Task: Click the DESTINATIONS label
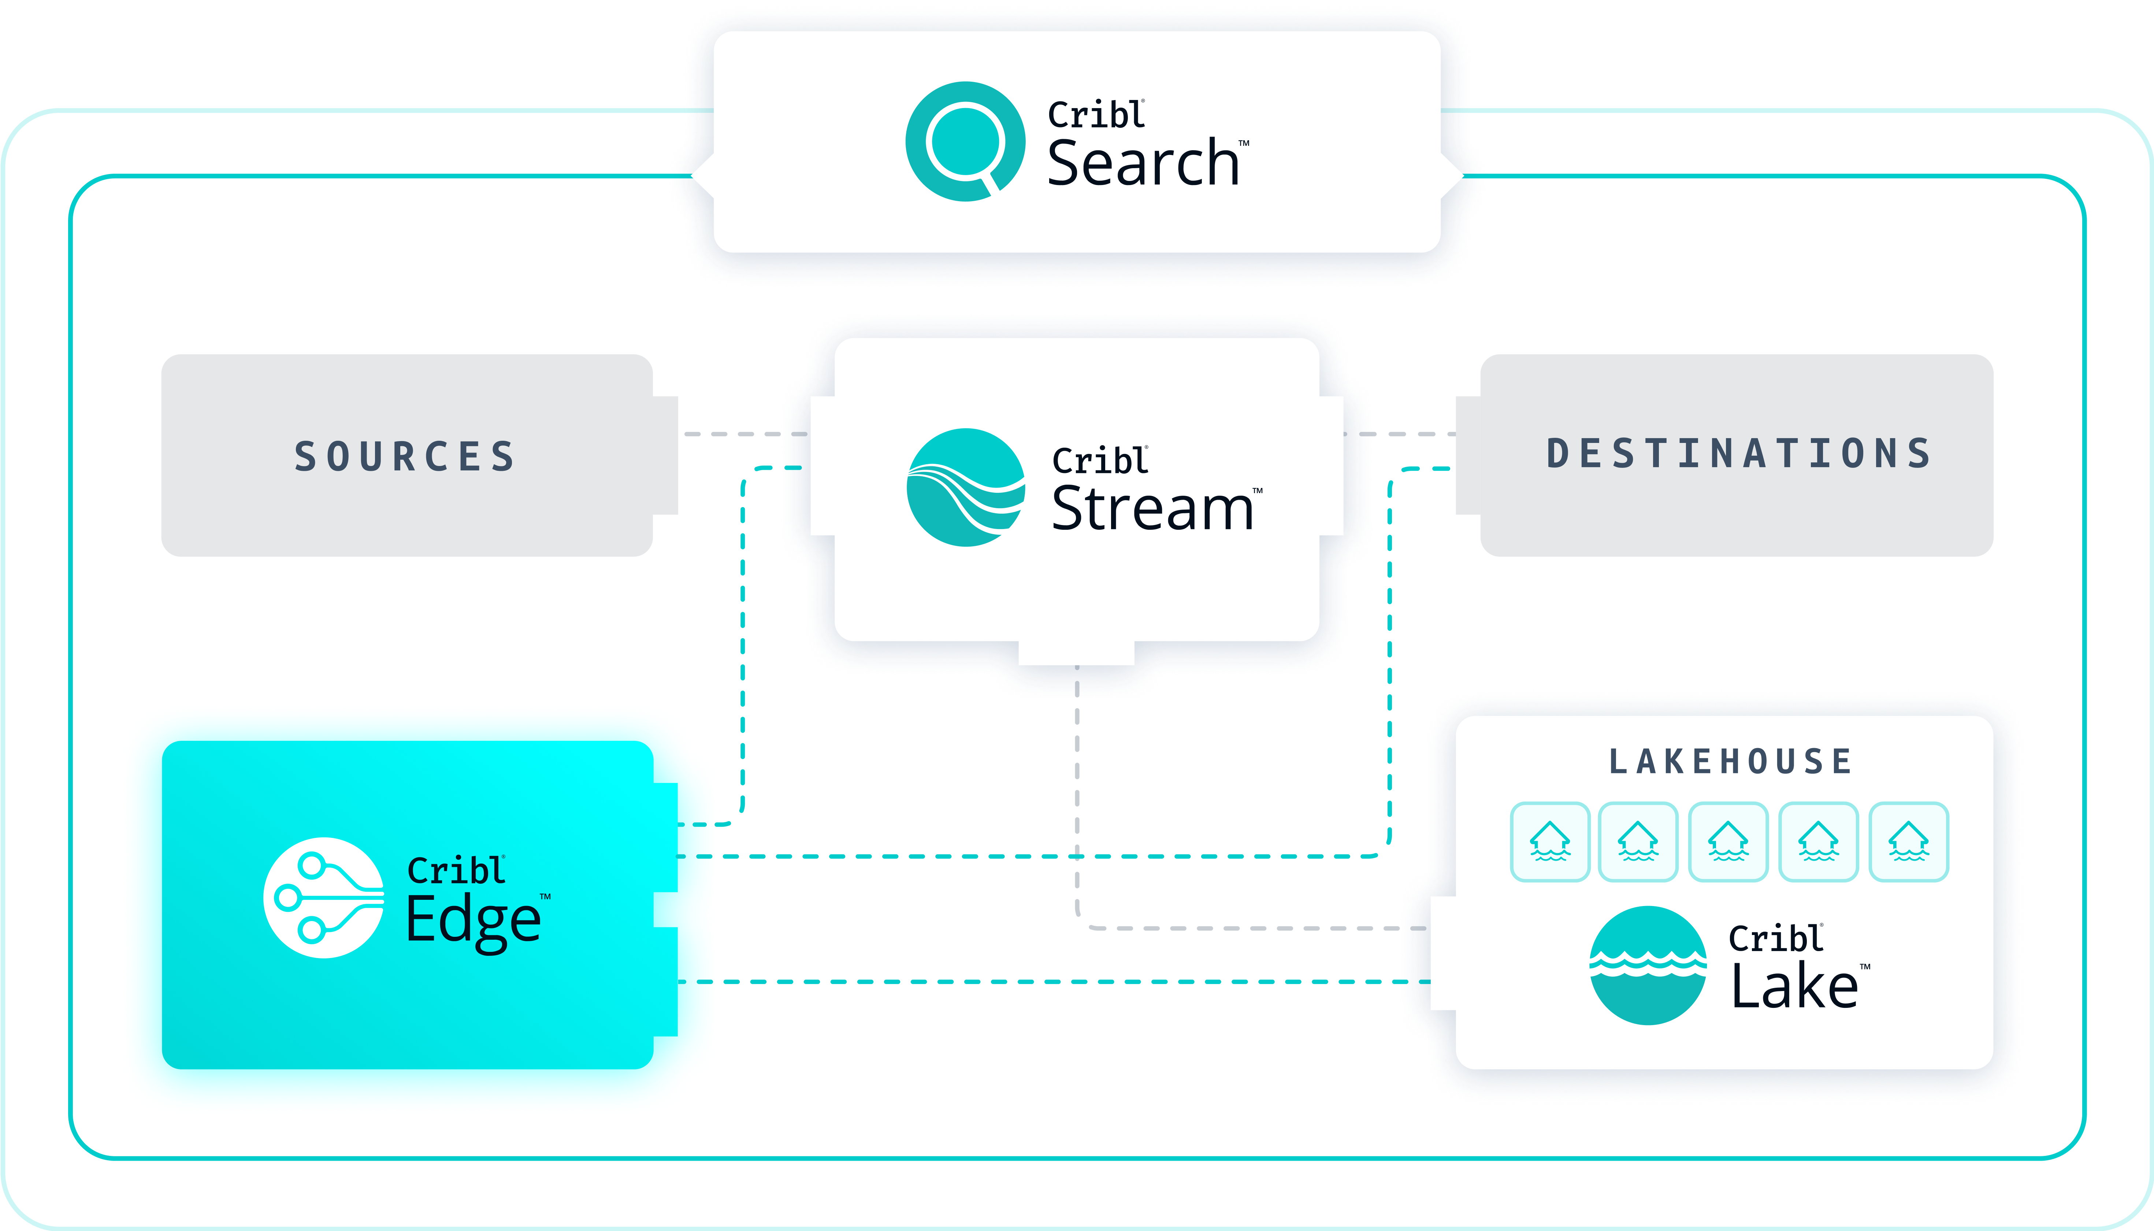[x=1739, y=454]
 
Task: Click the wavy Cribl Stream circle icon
[x=965, y=488]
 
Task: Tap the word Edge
[x=473, y=921]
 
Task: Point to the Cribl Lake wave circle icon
[x=1647, y=965]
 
